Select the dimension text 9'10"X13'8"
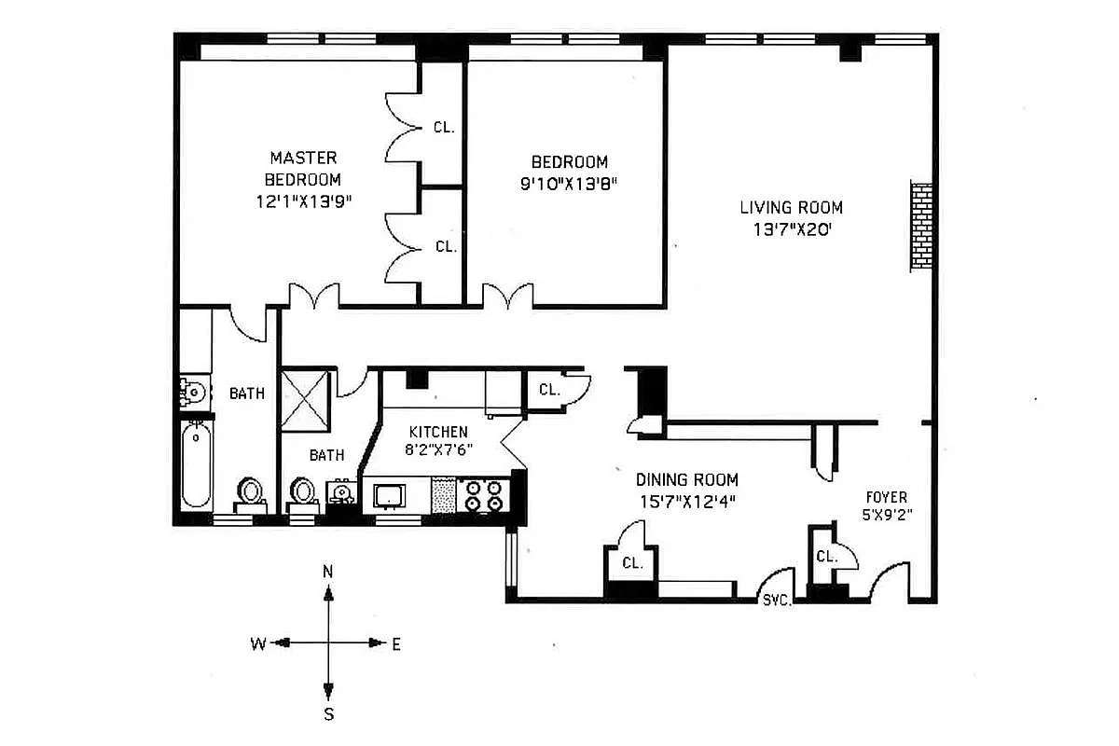point(570,184)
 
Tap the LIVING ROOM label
point(791,208)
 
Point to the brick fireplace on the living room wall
point(921,227)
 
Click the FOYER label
point(885,498)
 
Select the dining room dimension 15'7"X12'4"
point(686,502)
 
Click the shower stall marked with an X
point(307,398)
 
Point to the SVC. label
point(777,601)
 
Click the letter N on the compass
point(327,571)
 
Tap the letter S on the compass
point(328,715)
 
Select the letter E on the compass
point(395,643)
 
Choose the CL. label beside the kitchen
point(549,391)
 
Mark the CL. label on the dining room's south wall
point(632,563)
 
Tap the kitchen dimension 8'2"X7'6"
point(438,447)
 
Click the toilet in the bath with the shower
point(302,490)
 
